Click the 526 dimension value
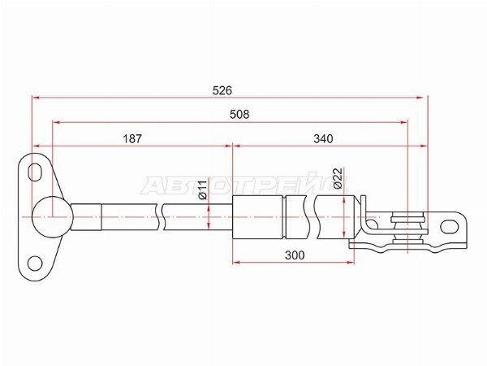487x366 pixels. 222,90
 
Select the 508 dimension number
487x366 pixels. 239,115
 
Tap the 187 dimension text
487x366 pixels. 132,138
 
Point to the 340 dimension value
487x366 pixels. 323,138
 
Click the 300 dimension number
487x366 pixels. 295,255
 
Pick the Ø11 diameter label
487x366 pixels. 202,190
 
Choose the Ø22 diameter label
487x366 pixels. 338,178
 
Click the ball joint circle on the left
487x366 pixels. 52,217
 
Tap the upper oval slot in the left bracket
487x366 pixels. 35,172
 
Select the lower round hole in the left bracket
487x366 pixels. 35,264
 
